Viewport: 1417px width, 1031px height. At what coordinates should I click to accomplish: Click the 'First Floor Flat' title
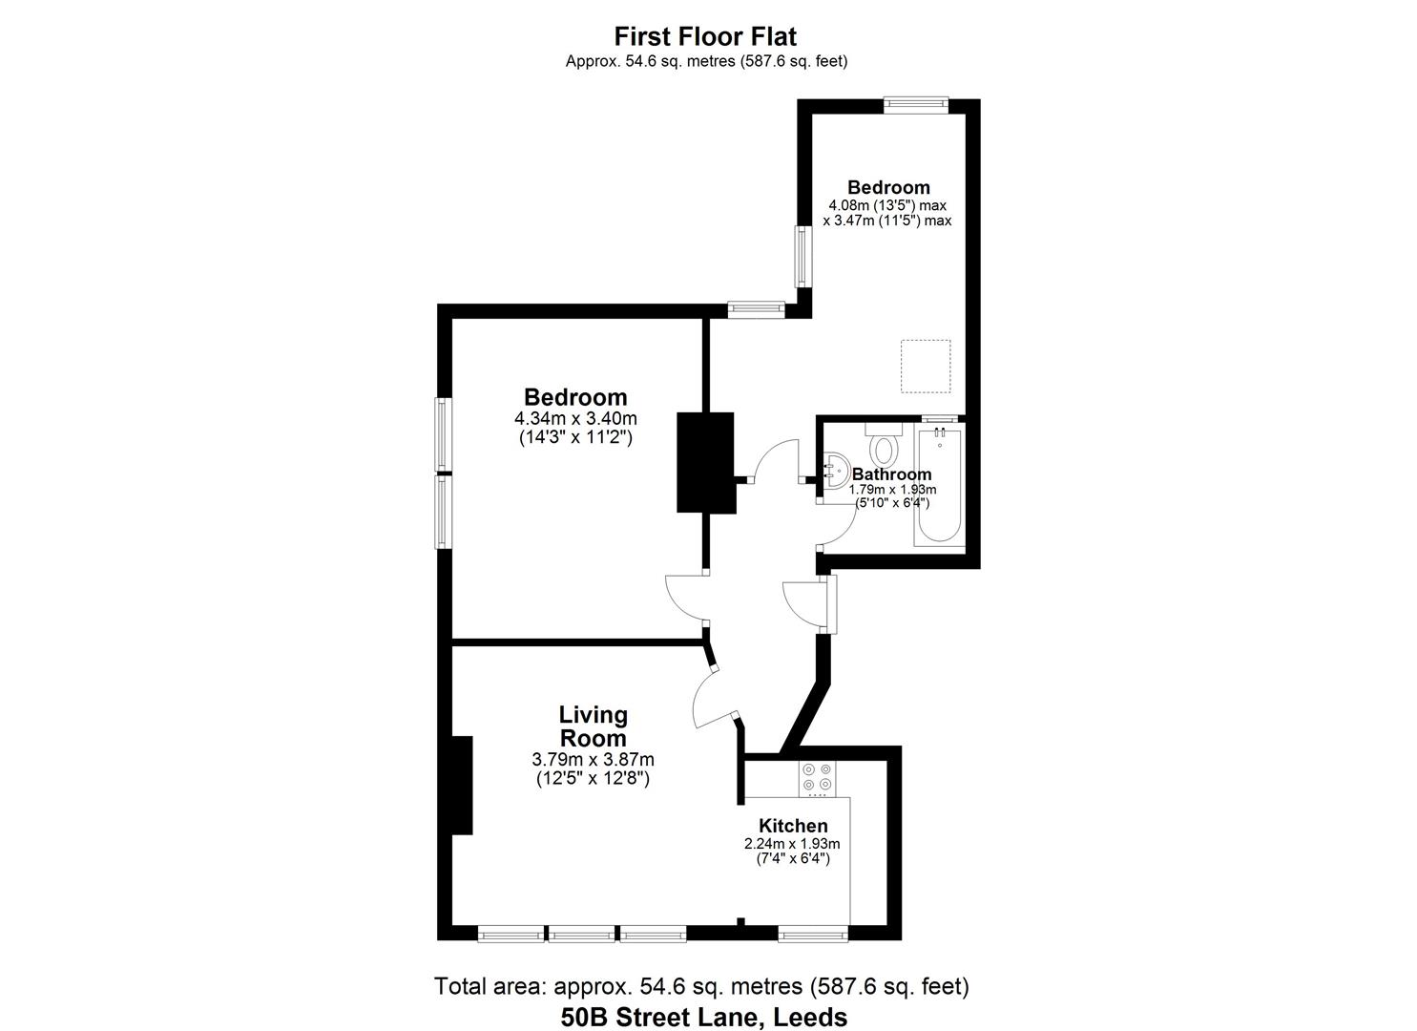705,36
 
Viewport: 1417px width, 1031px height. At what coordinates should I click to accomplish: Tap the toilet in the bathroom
885,445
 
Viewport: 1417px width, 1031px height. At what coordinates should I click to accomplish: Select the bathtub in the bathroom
939,486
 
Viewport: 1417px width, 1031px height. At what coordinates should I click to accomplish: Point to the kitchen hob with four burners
816,778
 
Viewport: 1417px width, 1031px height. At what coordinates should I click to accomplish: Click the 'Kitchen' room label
793,826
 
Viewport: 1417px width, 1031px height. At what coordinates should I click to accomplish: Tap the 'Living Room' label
593,726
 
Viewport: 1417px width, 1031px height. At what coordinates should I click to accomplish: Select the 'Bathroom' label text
891,474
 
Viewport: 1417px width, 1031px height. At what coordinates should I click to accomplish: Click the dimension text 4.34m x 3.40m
575,418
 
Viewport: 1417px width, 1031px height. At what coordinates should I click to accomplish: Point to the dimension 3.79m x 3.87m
593,760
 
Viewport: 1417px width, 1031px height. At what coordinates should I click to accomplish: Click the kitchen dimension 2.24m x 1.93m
792,844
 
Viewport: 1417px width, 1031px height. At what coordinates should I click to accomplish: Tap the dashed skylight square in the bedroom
926,366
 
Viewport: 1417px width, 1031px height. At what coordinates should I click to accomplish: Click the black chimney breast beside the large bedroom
705,463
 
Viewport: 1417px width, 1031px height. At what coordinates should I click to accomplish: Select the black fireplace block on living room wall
462,785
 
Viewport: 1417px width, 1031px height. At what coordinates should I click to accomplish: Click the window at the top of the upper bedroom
915,105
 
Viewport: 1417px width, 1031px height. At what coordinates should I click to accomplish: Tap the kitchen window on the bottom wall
812,933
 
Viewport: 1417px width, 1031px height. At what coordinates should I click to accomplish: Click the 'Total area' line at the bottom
701,985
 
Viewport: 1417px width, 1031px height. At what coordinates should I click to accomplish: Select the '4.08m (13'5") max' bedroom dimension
887,205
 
